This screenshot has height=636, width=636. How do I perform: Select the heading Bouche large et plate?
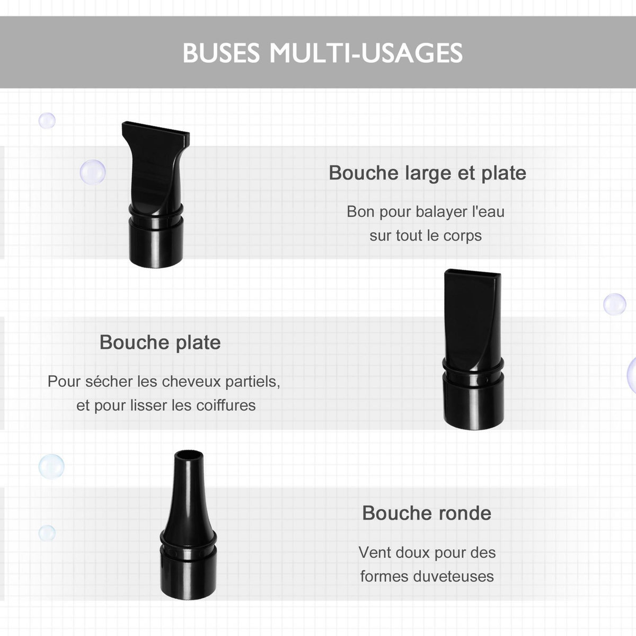coord(427,173)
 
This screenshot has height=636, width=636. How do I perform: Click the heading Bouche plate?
coord(160,342)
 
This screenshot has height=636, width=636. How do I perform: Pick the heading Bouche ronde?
coord(427,513)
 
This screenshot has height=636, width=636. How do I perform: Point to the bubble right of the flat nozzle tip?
coord(615,304)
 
